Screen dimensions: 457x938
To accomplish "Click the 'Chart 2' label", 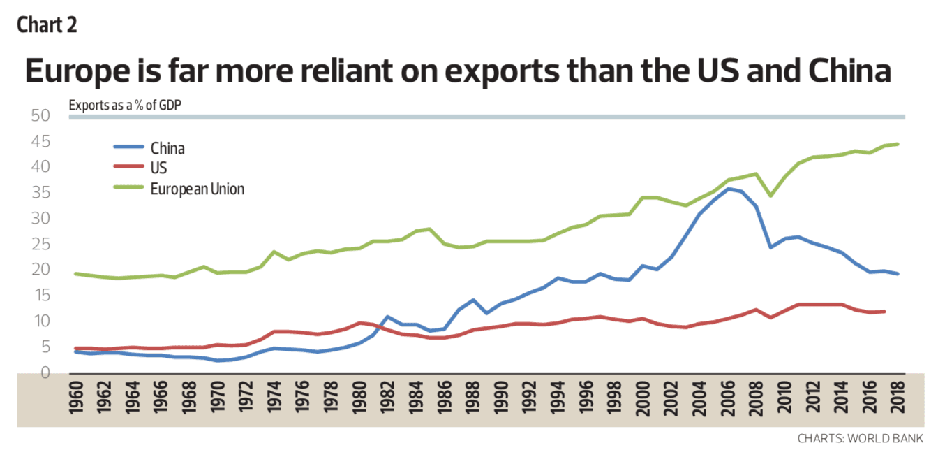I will coord(47,25).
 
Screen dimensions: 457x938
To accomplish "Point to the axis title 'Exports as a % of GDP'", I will coord(130,106).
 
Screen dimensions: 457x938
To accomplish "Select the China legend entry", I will coord(167,147).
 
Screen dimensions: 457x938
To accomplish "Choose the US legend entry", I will coord(158,168).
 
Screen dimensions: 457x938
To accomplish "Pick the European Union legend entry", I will coord(197,189).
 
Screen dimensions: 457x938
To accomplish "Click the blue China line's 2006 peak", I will coord(729,189).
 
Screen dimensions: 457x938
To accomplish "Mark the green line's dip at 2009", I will coord(770,196).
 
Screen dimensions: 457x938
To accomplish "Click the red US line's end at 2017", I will coord(884,311).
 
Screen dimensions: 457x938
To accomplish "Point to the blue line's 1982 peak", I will coord(388,317).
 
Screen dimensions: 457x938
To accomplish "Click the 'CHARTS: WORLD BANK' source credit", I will coord(861,439).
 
